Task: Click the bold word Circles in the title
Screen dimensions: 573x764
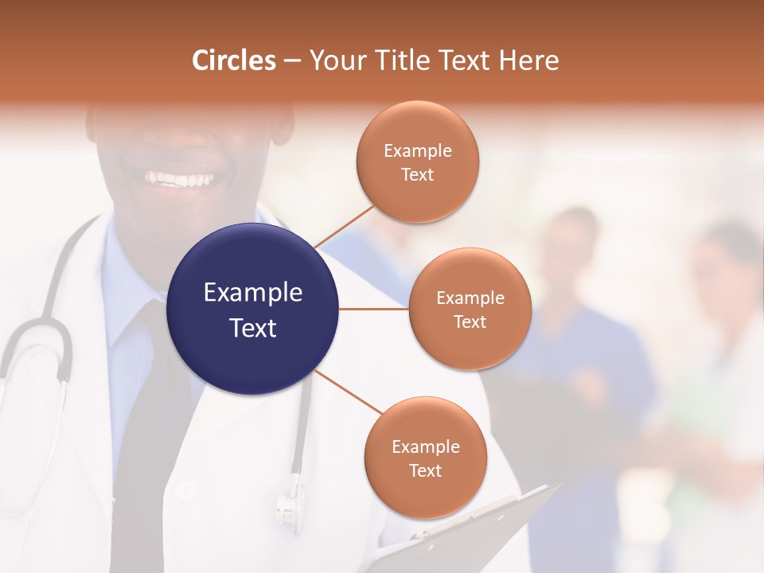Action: pos(234,60)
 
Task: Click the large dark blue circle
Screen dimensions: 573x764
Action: pos(252,309)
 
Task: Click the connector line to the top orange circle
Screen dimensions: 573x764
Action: pos(344,227)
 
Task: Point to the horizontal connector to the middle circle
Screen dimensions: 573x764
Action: pos(373,309)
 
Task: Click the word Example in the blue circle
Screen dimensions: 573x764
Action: pos(252,293)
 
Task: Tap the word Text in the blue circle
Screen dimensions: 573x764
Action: pos(252,328)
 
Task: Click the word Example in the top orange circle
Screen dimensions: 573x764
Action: pos(418,151)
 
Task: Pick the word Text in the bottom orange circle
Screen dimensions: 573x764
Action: pos(425,471)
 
